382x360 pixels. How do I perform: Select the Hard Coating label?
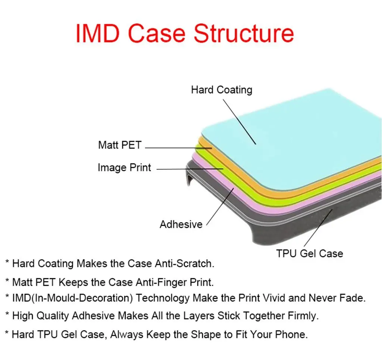pos(222,90)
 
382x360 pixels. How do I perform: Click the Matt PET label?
pos(120,145)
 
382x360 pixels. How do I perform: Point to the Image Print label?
pos(124,168)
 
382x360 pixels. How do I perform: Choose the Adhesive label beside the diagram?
pos(181,224)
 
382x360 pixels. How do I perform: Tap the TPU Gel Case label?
pos(309,254)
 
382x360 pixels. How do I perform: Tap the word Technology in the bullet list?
pos(163,298)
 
